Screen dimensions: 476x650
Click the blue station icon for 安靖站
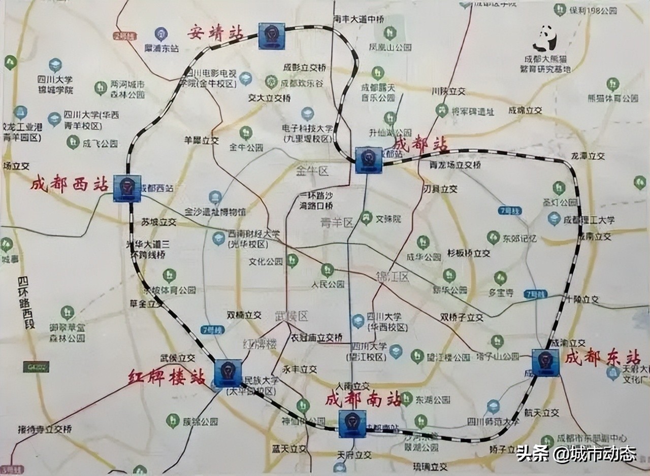(x=271, y=36)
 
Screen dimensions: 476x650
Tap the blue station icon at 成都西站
(x=127, y=188)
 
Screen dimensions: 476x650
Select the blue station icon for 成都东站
(x=545, y=362)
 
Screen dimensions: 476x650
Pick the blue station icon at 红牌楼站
(x=228, y=373)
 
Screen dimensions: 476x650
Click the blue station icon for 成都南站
(x=352, y=424)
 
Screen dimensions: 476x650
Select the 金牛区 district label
(x=312, y=172)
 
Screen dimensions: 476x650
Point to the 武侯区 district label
(x=291, y=316)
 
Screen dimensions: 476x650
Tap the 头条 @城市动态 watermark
(x=576, y=453)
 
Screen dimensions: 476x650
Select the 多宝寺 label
(x=501, y=293)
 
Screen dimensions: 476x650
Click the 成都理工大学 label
(x=589, y=220)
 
